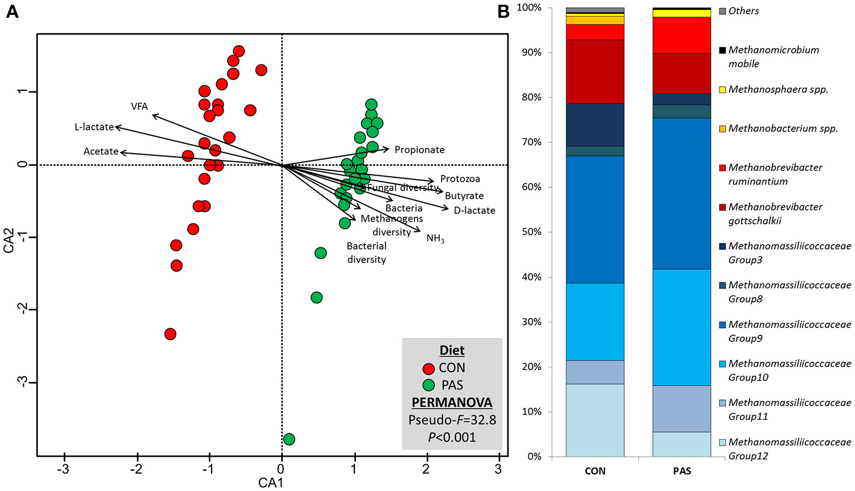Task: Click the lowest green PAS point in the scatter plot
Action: click(289, 439)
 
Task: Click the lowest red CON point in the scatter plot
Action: click(170, 334)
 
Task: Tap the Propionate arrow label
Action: click(419, 150)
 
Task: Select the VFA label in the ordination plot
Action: click(139, 107)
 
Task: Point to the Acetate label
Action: click(101, 151)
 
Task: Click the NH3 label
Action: click(435, 239)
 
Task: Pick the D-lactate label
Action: click(474, 210)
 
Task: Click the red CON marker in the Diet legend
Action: click(428, 368)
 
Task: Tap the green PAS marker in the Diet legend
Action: click(428, 386)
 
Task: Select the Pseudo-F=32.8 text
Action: click(452, 420)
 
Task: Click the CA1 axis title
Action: click(271, 483)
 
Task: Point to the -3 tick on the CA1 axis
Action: click(65, 469)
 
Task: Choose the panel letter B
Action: click(503, 12)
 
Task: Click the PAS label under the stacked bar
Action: click(682, 471)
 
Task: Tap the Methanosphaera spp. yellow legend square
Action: click(722, 89)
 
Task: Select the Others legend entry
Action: click(743, 11)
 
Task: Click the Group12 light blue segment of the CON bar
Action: click(595, 420)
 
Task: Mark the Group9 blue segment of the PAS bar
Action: click(681, 193)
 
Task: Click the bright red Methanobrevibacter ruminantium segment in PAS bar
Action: click(681, 35)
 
